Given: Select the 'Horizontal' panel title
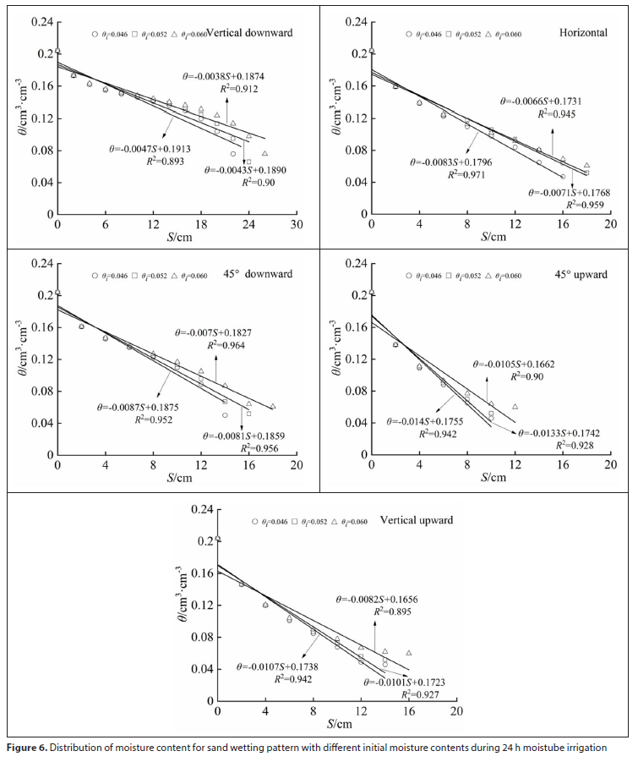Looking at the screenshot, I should (x=583, y=33).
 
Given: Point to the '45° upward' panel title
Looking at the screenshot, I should (x=582, y=275).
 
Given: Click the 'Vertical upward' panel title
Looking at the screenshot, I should (x=417, y=519).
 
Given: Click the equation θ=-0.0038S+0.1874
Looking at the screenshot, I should (x=223, y=76).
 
